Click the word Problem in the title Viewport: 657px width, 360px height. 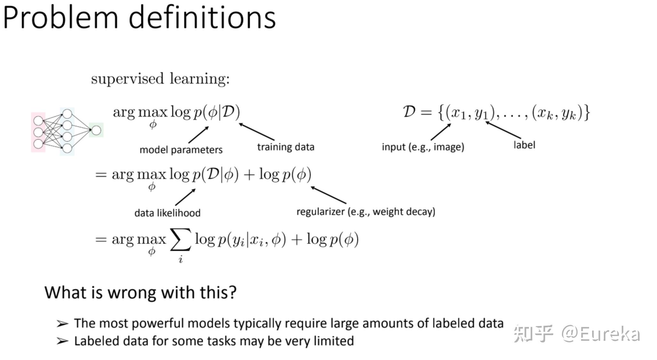tap(61, 18)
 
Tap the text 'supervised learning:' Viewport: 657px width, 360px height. tap(160, 79)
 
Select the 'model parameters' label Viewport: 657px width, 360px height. tap(181, 150)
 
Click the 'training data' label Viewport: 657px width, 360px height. tap(286, 147)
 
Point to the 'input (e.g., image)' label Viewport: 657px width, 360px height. tap(423, 147)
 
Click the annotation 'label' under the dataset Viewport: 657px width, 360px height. tap(524, 145)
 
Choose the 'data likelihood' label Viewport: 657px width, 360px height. tap(167, 213)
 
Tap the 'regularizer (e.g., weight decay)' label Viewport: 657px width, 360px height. tap(366, 212)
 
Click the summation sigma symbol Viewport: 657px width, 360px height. tap(181, 239)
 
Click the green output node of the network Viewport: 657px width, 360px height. tap(96, 130)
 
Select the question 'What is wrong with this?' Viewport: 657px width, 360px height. tap(141, 292)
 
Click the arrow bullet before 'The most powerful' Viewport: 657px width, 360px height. tap(62, 324)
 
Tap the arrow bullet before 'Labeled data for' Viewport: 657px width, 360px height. tap(62, 341)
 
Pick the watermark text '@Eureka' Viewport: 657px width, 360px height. tap(601, 334)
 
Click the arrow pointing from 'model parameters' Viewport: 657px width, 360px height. tap(199, 135)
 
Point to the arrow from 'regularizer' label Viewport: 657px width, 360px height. tap(328, 195)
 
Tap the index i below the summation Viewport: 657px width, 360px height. tap(181, 259)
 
